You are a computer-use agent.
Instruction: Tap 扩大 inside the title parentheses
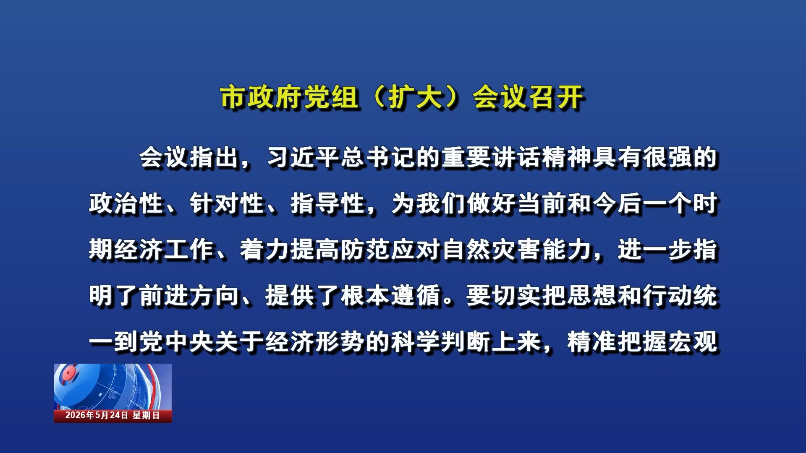416,97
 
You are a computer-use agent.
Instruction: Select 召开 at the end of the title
556,97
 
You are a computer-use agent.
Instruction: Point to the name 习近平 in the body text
303,158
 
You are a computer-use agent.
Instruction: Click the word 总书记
379,158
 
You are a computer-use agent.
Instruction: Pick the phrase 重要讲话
492,158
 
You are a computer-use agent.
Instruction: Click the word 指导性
328,204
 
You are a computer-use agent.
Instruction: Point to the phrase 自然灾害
492,250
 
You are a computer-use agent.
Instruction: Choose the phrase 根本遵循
391,296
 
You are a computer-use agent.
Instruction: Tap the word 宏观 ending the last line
693,342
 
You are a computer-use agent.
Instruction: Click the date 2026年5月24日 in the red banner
97,415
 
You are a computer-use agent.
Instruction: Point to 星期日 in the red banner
146,415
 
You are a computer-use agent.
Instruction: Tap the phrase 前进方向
189,296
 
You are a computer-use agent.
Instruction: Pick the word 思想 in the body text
592,296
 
